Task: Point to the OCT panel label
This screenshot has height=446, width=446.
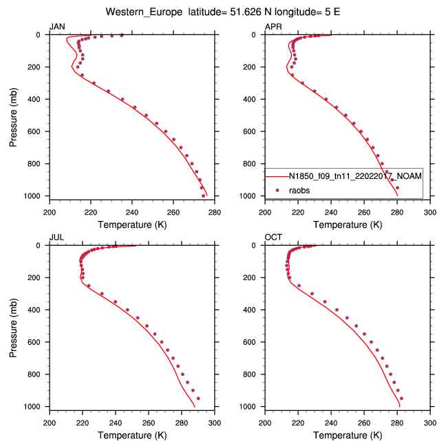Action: (273, 237)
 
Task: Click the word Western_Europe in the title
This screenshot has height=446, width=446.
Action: (145, 11)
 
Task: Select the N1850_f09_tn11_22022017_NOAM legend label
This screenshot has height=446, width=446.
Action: (355, 176)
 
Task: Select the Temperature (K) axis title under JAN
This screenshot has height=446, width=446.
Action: (131, 224)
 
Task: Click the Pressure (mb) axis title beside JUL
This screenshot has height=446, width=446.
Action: (14, 326)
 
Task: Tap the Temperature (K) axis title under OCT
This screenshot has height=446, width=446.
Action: (348, 435)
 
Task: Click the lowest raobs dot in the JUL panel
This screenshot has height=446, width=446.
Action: (198, 398)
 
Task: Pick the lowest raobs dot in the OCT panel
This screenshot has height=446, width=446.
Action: (401, 398)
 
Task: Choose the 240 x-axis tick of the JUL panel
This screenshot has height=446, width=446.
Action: (116, 423)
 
